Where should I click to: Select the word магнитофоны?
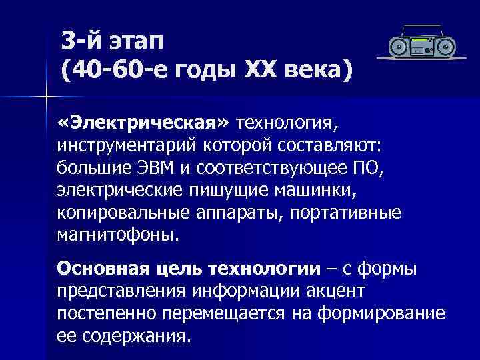(118, 235)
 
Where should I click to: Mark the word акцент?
(348, 291)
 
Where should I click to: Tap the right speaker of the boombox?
(445, 47)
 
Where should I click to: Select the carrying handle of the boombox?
(421, 29)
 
